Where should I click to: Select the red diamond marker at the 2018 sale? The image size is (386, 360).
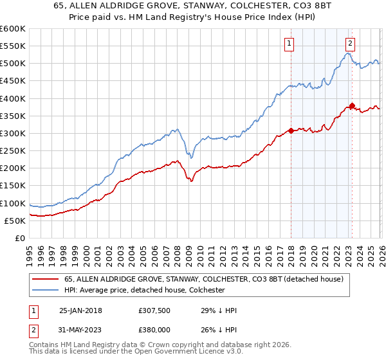click(291, 130)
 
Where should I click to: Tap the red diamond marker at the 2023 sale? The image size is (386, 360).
click(352, 105)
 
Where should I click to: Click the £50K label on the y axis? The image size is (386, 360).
click(15, 221)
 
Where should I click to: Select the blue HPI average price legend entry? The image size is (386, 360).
click(143, 290)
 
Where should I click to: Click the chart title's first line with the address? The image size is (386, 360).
click(193, 6)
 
